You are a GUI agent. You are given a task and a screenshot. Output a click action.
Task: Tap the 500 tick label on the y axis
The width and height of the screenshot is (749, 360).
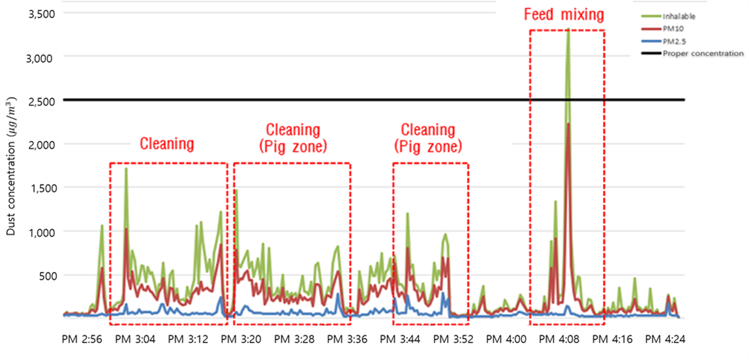pyautogui.click(x=47, y=275)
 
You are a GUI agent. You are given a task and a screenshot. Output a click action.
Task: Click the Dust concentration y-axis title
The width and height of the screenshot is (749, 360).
pyautogui.click(x=12, y=166)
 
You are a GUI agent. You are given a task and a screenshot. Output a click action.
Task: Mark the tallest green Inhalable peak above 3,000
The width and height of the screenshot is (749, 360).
pyautogui.click(x=568, y=29)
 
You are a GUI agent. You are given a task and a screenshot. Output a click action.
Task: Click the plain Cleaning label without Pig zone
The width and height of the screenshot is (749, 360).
pyautogui.click(x=167, y=143)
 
